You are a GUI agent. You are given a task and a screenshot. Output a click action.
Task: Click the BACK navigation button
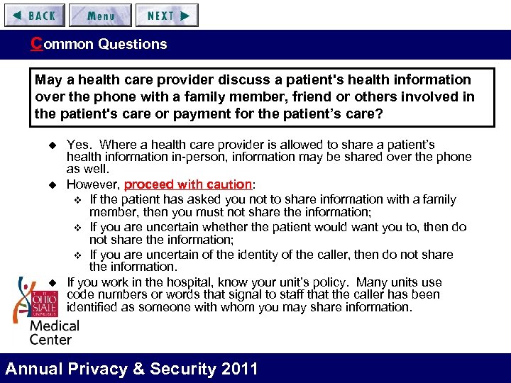click(33, 15)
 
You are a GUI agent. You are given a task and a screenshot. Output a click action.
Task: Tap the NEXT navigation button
click(167, 15)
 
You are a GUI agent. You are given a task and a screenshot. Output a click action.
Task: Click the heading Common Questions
click(99, 44)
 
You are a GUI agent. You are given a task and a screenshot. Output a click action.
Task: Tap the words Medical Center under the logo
click(54, 332)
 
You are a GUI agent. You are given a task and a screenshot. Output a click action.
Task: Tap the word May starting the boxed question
click(48, 79)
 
